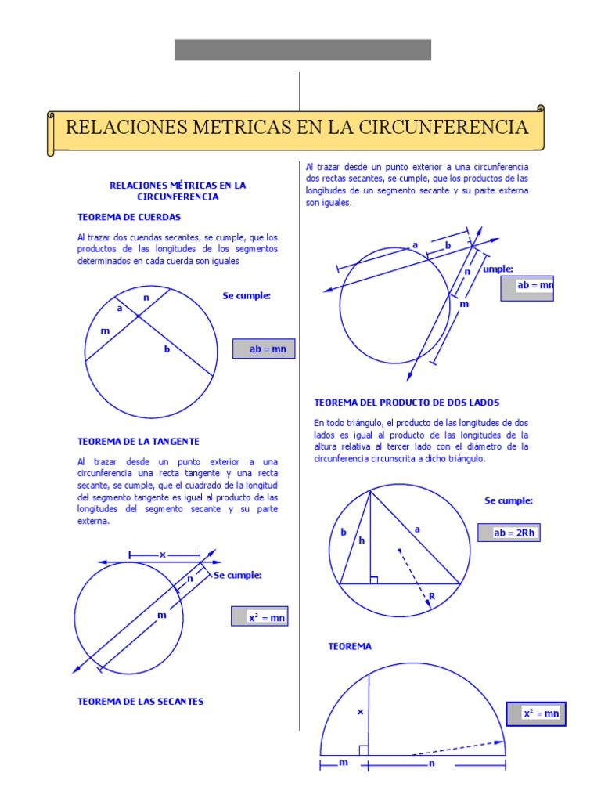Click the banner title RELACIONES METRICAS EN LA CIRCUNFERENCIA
point(297,127)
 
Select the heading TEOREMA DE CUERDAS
point(129,217)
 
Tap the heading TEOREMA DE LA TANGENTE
point(139,441)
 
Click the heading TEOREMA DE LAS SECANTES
point(140,701)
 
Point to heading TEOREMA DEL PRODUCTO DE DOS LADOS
point(407,402)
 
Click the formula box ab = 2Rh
point(510,533)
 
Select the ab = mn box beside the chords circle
point(265,349)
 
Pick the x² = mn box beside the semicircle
point(536,713)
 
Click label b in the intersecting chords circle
point(166,349)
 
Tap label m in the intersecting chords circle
point(105,331)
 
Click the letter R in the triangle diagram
point(431,597)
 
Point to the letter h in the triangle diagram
point(362,540)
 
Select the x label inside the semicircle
point(361,712)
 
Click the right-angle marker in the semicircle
point(363,750)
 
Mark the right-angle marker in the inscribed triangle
point(374,580)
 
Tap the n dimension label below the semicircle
point(431,764)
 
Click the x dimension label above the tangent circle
point(164,555)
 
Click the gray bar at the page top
point(302,49)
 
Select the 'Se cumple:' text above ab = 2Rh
point(509,500)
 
